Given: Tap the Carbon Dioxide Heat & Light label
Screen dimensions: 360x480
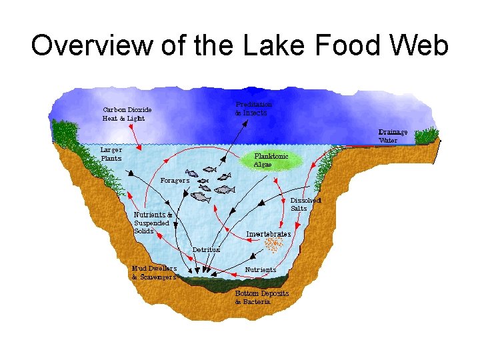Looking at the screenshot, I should click(127, 113).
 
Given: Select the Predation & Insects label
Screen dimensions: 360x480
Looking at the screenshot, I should click(253, 109).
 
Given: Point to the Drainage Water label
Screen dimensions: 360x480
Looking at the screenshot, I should click(393, 136).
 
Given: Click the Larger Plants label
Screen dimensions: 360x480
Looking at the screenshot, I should click(111, 153).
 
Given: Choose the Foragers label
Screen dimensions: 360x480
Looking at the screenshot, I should click(175, 180).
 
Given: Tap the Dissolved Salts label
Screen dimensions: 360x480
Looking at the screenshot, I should click(307, 204).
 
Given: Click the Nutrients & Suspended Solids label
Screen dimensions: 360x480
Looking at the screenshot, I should click(153, 223).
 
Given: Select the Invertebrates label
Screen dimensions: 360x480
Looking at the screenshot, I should click(269, 235).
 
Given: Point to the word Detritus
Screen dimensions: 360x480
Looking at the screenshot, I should click(206, 249).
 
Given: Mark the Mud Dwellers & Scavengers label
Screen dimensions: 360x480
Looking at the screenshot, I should click(154, 273).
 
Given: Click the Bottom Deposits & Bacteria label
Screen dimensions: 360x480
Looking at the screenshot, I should click(262, 297).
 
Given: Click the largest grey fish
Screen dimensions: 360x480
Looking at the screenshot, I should click(201, 197).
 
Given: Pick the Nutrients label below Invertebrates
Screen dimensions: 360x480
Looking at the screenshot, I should click(261, 270).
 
